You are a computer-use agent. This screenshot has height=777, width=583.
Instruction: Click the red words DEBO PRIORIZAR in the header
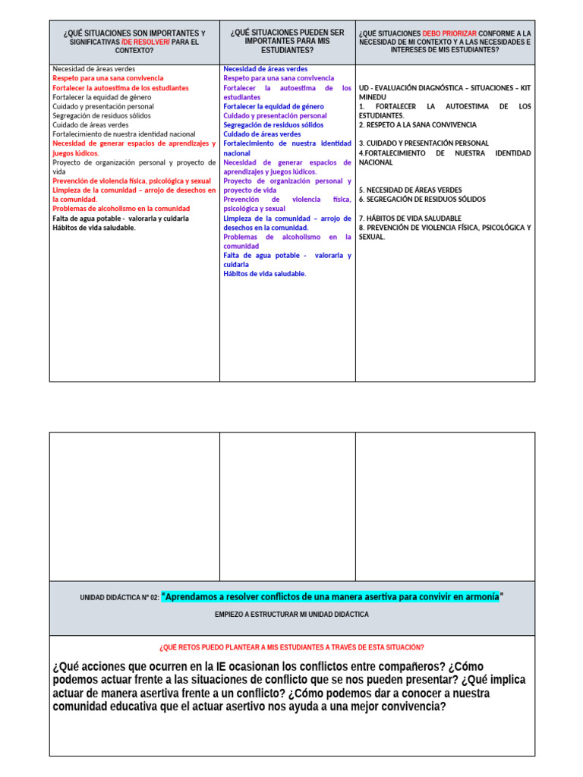pos(449,33)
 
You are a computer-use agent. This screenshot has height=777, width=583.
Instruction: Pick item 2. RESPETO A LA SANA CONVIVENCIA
pos(418,124)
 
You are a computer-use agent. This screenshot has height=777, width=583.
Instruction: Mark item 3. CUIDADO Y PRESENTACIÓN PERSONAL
pos(424,143)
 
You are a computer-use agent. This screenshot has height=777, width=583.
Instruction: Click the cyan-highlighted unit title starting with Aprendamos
pos(332,597)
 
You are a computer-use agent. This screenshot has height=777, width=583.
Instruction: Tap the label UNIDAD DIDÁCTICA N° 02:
pos(120,598)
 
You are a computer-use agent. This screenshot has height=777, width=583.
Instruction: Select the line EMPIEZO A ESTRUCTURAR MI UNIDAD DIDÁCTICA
pos(291,615)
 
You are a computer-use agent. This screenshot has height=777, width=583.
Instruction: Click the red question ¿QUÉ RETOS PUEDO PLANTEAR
pos(291,647)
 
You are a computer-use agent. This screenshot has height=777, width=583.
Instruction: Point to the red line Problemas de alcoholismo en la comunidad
pos(121,209)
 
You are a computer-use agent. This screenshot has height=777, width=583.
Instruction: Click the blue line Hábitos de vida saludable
pos(264,274)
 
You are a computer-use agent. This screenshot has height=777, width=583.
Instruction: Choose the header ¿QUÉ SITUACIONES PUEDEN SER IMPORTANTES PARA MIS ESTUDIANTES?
pos(287,42)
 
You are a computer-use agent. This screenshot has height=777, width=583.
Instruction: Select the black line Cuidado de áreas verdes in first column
pos(90,125)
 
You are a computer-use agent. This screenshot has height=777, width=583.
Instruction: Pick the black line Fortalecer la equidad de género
pos(102,97)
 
